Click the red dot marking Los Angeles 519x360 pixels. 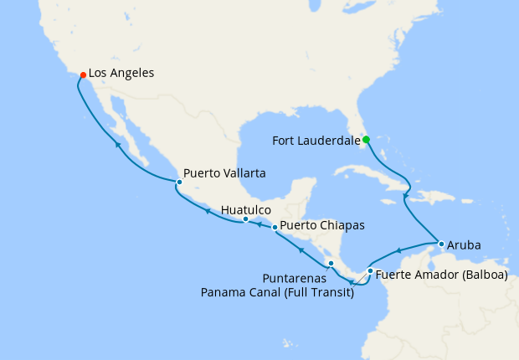pos(83,75)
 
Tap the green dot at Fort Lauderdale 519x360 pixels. pos(366,140)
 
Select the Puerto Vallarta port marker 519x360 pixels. pos(179,182)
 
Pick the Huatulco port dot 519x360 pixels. pos(245,219)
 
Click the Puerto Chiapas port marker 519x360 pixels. pos(275,227)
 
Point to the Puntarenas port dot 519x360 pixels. pos(331,264)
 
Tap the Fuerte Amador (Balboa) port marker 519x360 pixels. pos(370,271)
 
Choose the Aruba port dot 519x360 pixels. pos(441,244)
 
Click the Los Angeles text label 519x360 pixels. pos(121,74)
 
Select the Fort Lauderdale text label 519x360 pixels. pos(316,141)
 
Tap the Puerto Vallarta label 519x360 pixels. pos(224,174)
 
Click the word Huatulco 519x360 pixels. pos(247,209)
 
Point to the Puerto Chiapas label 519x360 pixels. pos(322,225)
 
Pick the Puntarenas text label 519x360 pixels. pos(291,277)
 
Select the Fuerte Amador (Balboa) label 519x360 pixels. pos(441,274)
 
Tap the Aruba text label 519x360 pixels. pos(464,245)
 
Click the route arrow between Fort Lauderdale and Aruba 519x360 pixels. pos(405,196)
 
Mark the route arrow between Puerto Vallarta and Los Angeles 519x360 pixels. pos(117,145)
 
